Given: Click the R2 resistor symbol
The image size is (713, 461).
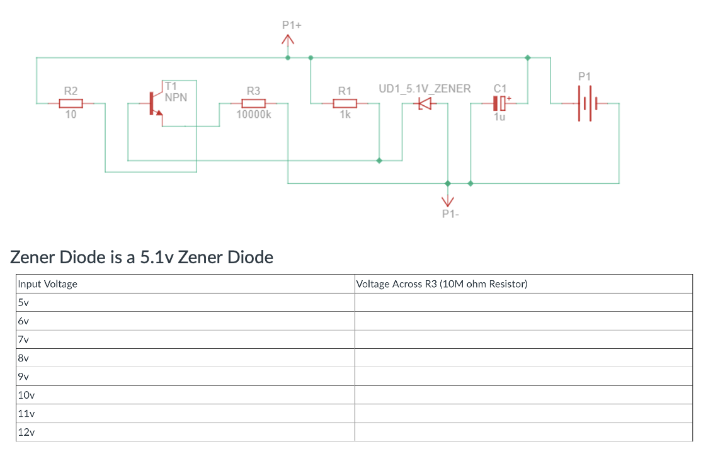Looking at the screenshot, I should [x=71, y=103].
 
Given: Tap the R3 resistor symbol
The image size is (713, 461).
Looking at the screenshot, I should [x=253, y=103].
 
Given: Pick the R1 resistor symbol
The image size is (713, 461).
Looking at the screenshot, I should [x=345, y=103].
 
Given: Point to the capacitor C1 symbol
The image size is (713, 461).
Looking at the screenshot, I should [x=499, y=103].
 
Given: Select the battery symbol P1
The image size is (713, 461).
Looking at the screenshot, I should [x=585, y=103].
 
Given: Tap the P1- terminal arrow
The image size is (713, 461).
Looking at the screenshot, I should [x=448, y=201].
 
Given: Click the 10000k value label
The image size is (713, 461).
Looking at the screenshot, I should [x=253, y=115].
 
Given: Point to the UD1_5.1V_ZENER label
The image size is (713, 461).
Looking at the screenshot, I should [x=425, y=89].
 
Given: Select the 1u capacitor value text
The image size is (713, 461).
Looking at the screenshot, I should [x=499, y=117].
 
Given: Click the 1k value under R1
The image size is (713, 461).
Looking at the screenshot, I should [x=345, y=115].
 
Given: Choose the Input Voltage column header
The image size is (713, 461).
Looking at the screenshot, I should [x=48, y=284].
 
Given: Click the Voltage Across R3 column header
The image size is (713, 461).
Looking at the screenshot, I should [x=442, y=284].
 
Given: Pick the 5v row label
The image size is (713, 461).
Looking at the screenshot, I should [x=24, y=302].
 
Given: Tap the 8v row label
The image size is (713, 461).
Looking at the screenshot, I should [x=24, y=358].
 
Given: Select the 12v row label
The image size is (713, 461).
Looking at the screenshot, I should [x=26, y=433].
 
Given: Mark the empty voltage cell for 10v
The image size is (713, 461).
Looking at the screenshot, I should [x=523, y=396].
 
